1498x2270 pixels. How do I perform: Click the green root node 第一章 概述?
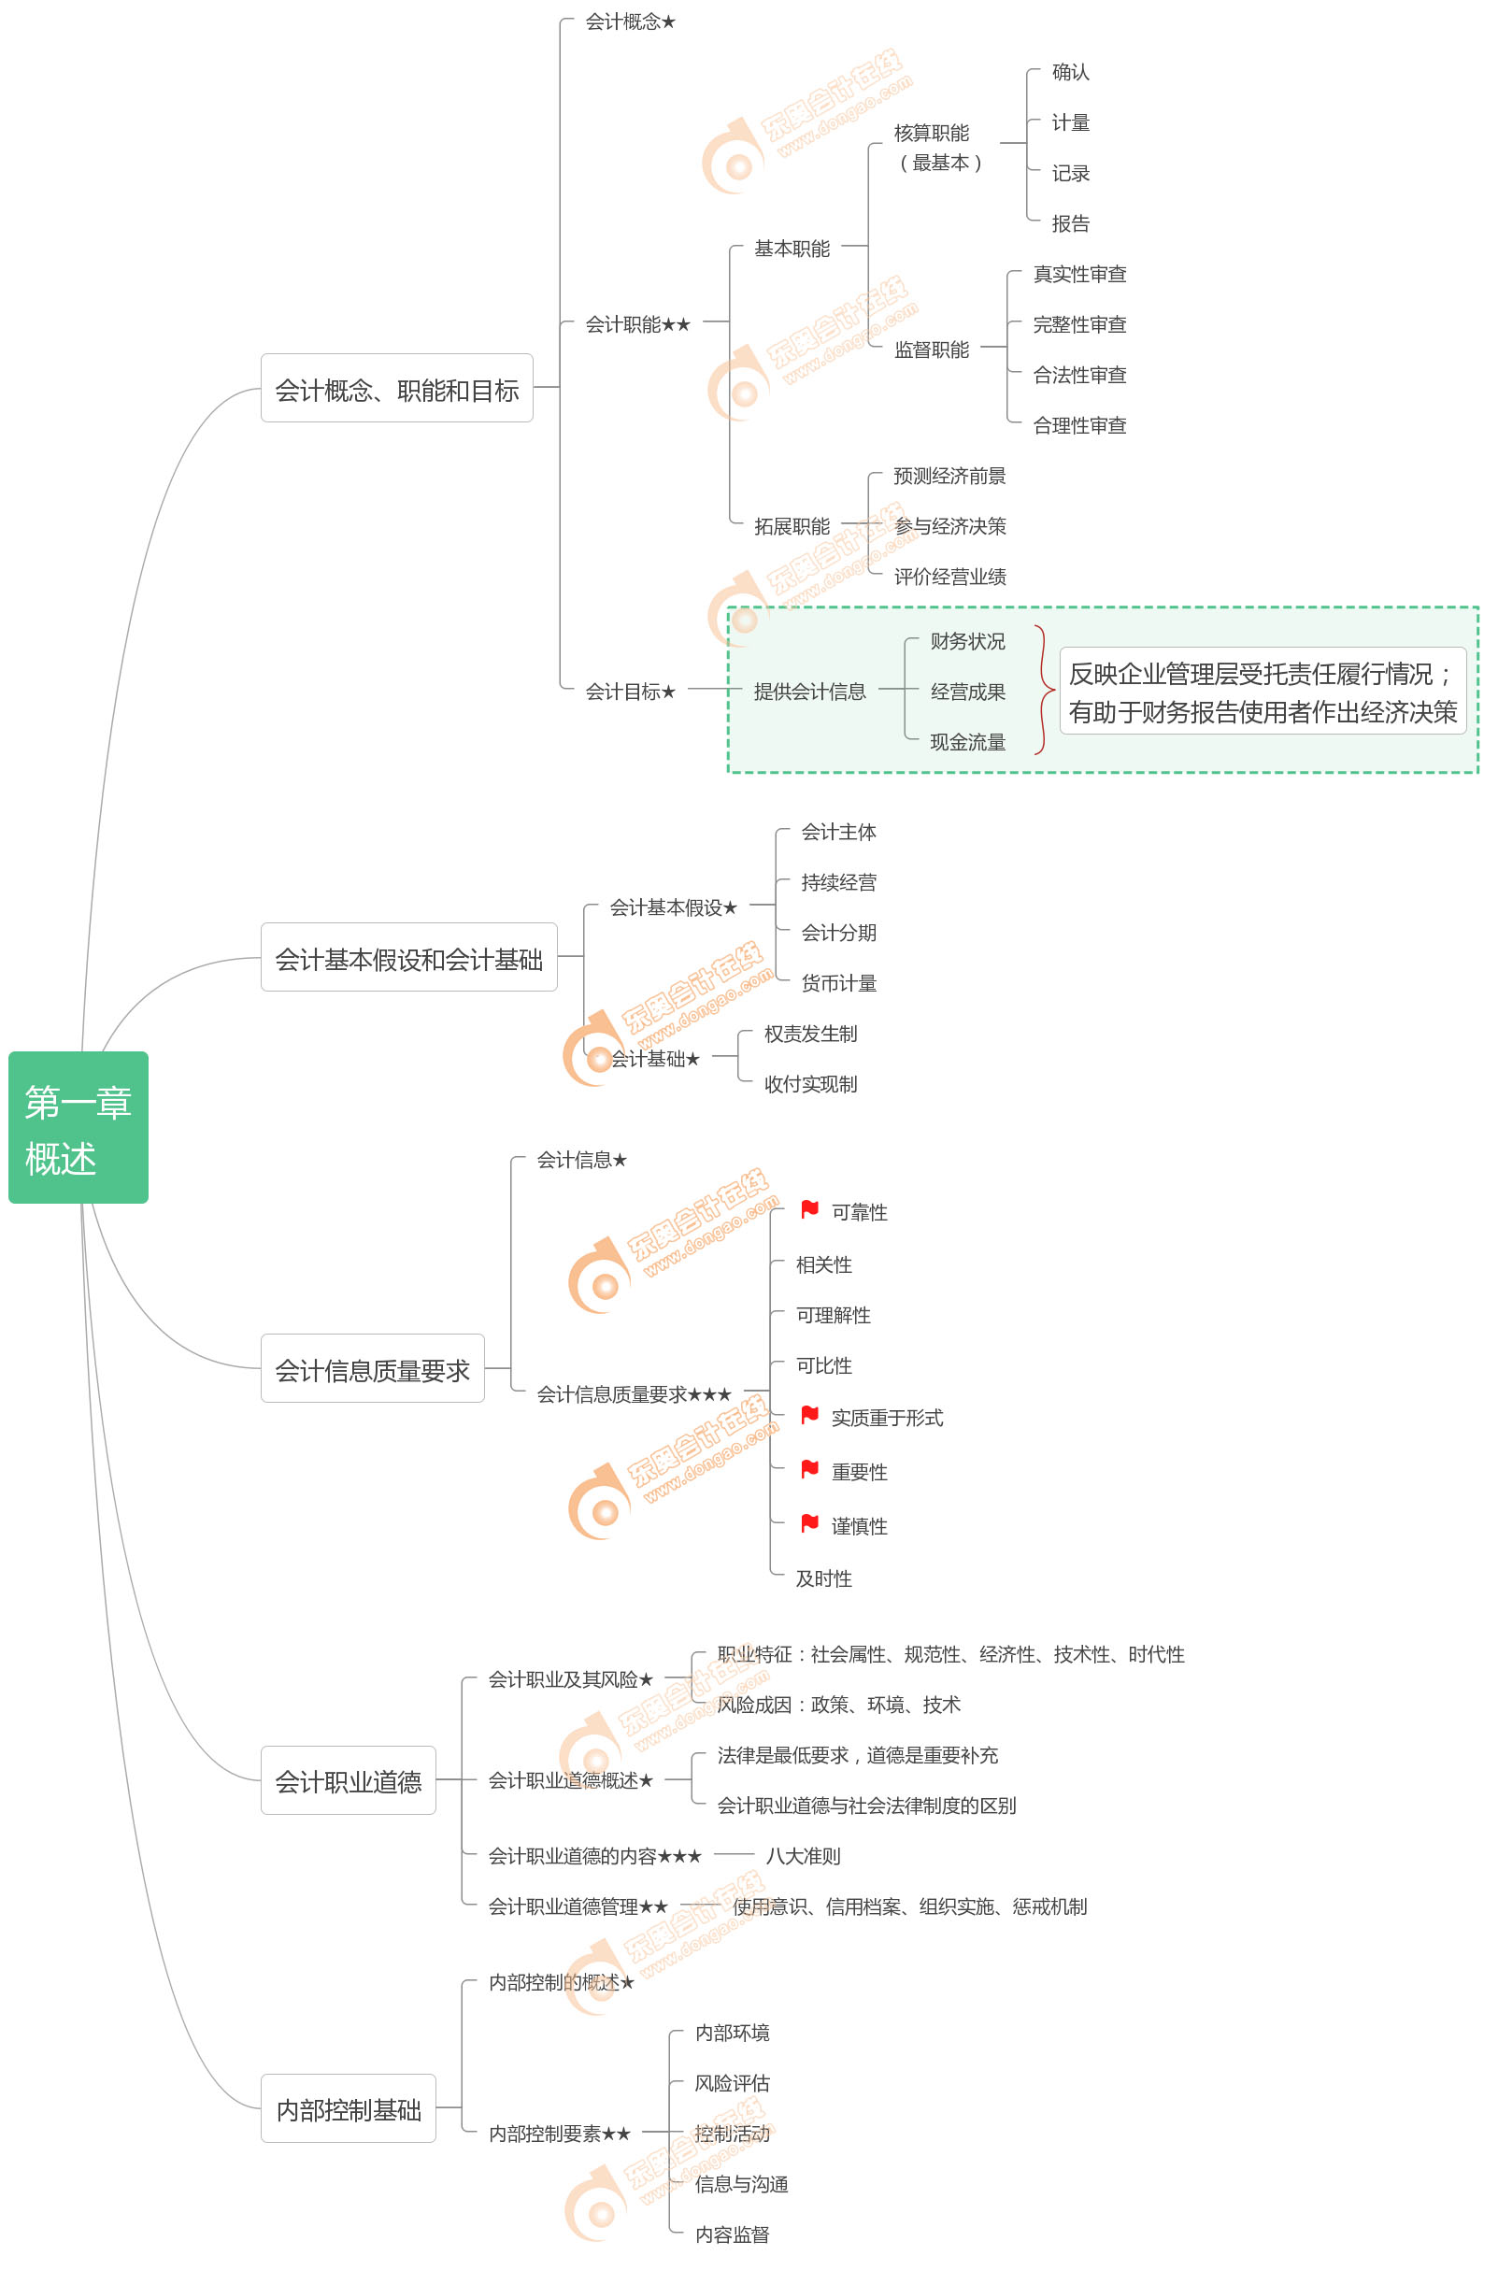point(78,1127)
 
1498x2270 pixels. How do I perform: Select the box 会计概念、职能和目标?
point(396,389)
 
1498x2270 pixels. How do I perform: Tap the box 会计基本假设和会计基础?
point(409,957)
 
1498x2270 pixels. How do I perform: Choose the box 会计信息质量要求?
point(373,1369)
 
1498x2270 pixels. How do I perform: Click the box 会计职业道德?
point(349,1781)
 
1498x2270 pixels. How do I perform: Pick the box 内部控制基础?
point(349,2108)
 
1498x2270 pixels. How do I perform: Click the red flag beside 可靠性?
point(810,1209)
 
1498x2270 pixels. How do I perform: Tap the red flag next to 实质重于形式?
point(810,1415)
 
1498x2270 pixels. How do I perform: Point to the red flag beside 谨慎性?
point(810,1523)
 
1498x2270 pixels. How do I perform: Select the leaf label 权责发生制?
point(810,1034)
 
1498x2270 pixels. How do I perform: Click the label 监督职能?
point(932,350)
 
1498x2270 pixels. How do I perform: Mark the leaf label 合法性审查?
point(1079,375)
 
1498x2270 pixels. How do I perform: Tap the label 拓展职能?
point(792,526)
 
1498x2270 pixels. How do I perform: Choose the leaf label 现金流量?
point(968,742)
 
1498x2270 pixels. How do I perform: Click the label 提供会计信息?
point(809,692)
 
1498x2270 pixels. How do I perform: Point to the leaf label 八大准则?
point(803,1856)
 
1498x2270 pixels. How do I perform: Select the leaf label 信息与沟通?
point(741,2184)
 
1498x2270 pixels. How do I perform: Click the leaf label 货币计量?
point(839,983)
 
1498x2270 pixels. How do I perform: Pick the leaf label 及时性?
point(823,1579)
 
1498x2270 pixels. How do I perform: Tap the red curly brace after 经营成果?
point(1044,690)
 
